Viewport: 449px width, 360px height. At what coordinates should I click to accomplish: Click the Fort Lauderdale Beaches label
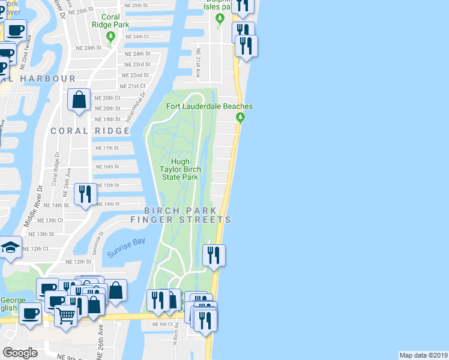(x=209, y=106)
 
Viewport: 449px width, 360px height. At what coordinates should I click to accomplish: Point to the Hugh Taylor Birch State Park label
(x=180, y=169)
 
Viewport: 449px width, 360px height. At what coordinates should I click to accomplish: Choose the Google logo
(x=20, y=353)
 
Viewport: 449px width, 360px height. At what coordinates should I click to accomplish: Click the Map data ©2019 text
(x=423, y=355)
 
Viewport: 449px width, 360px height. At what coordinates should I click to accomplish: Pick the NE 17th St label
(x=107, y=148)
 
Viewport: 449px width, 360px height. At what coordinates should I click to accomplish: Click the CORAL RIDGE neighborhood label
(x=90, y=131)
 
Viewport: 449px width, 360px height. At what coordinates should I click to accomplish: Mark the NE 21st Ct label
(x=133, y=86)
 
